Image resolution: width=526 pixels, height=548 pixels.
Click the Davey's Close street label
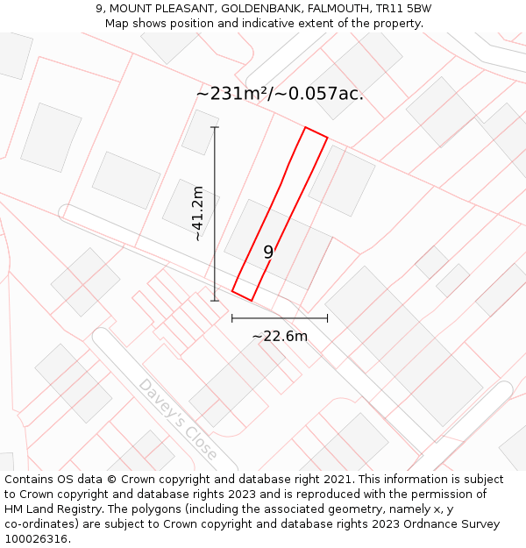177,419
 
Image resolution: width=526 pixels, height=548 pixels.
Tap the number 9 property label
268,253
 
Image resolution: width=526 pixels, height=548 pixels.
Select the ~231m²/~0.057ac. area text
280,93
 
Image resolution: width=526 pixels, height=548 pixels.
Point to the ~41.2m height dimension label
199,213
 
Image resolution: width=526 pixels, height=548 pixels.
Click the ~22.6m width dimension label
280,337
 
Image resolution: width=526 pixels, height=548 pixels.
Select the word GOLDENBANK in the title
258,9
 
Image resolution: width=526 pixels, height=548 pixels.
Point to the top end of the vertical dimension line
215,128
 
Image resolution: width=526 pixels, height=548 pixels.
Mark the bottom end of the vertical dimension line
215,301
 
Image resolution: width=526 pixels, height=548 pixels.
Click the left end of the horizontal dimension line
232,318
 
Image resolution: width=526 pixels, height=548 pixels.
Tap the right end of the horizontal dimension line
327,318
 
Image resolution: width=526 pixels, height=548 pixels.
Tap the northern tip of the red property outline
306,128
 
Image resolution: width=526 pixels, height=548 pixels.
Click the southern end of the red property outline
251,300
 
